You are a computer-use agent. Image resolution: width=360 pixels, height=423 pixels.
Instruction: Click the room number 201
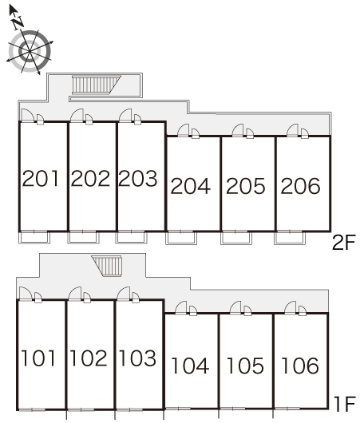(x=41, y=178)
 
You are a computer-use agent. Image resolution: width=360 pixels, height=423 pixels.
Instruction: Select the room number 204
(x=191, y=186)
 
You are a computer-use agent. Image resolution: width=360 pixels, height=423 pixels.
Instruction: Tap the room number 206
(x=300, y=186)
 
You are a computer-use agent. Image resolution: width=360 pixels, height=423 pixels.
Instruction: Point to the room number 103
(x=137, y=358)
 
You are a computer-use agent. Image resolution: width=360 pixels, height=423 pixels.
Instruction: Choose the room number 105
(x=245, y=366)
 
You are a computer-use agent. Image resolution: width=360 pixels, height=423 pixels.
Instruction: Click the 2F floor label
(x=344, y=243)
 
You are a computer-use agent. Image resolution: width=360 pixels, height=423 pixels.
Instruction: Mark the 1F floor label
(x=345, y=404)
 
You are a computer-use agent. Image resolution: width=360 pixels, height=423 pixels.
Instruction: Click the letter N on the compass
(x=18, y=22)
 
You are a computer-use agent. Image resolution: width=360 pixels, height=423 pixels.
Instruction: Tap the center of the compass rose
(x=30, y=51)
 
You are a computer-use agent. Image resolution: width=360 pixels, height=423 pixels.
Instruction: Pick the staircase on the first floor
(x=107, y=267)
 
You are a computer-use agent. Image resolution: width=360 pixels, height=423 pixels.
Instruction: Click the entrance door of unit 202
(x=77, y=116)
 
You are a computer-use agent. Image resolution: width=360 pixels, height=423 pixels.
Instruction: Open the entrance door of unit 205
(x=238, y=130)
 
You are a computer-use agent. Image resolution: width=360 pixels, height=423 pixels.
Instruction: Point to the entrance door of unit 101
(x=26, y=294)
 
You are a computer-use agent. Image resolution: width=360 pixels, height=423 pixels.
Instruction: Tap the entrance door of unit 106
(x=291, y=308)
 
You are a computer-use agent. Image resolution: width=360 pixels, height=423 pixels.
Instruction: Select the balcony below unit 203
(x=132, y=237)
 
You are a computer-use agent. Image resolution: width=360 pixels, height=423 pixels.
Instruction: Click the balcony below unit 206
(x=290, y=238)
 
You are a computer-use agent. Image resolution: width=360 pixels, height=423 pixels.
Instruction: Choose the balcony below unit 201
(x=34, y=237)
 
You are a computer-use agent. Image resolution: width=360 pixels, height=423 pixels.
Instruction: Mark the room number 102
(x=89, y=358)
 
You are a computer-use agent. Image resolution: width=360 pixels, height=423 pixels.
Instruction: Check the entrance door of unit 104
(x=181, y=308)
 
